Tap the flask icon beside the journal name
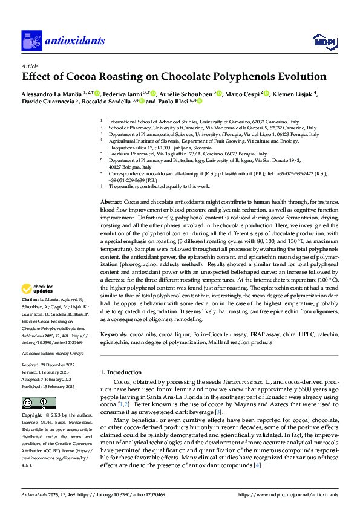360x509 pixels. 30,41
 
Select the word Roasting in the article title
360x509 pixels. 126,77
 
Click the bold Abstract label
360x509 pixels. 111,201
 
